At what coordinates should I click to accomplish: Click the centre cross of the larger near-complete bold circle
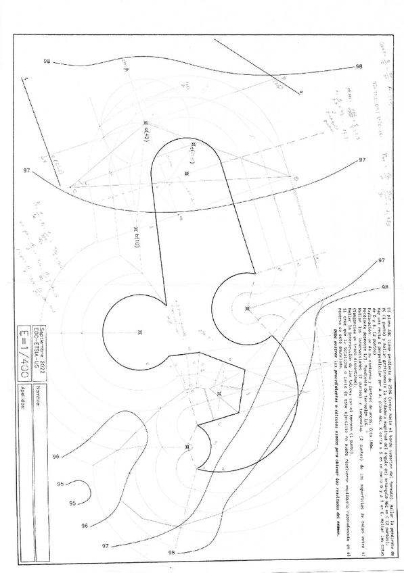pos(139,332)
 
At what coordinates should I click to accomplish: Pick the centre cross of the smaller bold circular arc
pos(247,308)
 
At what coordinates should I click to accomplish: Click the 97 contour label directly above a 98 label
pos(382,260)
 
